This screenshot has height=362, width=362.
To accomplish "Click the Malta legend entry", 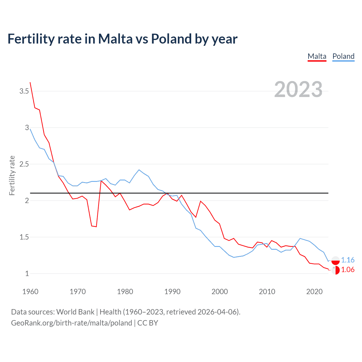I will tap(317, 56).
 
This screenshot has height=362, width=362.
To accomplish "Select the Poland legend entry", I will tap(343, 56).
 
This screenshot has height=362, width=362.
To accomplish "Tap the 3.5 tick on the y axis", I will tap(24, 91).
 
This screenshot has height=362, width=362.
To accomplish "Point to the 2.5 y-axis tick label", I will tap(24, 164).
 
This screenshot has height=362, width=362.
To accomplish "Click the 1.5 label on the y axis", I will tap(24, 237).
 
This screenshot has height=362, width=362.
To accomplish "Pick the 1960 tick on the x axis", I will tap(30, 292).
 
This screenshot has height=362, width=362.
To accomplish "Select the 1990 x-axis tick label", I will tap(172, 292).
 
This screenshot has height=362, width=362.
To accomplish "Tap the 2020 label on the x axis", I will tap(314, 292).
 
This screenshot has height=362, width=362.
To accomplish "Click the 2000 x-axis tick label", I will tap(219, 292).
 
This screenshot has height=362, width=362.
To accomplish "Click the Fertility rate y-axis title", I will tap(12, 175).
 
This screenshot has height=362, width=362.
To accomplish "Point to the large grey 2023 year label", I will tap(298, 89).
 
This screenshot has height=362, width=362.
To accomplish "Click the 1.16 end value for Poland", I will tap(348, 260).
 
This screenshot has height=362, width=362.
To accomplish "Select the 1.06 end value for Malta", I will tap(348, 270).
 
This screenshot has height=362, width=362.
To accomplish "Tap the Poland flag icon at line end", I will tap(335, 260).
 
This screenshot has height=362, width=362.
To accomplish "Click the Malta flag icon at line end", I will tap(335, 270).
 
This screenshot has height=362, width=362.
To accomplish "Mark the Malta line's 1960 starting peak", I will tap(30, 83).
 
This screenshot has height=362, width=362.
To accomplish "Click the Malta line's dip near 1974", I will tap(96, 227).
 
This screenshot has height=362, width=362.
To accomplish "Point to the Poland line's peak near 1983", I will tap(139, 170).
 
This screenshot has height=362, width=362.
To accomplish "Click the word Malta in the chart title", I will tap(115, 39).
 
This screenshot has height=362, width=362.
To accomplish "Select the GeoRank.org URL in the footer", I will tap(72, 323).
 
